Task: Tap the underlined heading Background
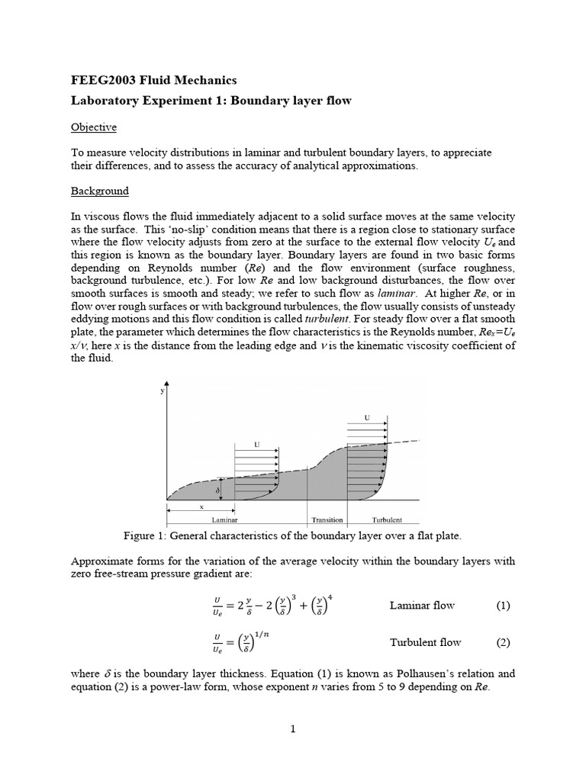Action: (100, 191)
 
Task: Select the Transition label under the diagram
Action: (327, 520)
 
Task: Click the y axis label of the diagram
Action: (162, 391)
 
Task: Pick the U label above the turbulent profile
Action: (368, 417)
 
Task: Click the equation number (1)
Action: (502, 606)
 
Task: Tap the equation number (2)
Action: (502, 642)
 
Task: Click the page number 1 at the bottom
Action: (292, 729)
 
